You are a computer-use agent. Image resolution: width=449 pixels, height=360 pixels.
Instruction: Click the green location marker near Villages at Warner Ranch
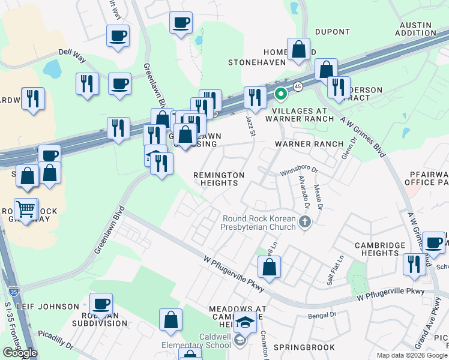point(280,94)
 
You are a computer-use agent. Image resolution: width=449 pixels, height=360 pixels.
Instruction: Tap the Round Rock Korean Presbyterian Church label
point(259,223)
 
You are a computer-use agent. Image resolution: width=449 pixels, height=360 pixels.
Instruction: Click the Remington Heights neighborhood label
point(218,179)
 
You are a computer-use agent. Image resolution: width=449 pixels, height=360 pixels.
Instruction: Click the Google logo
point(20,353)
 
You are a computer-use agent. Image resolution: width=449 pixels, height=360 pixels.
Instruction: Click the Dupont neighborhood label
point(332,31)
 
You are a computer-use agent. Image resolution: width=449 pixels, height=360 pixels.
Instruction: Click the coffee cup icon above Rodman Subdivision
point(101,304)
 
